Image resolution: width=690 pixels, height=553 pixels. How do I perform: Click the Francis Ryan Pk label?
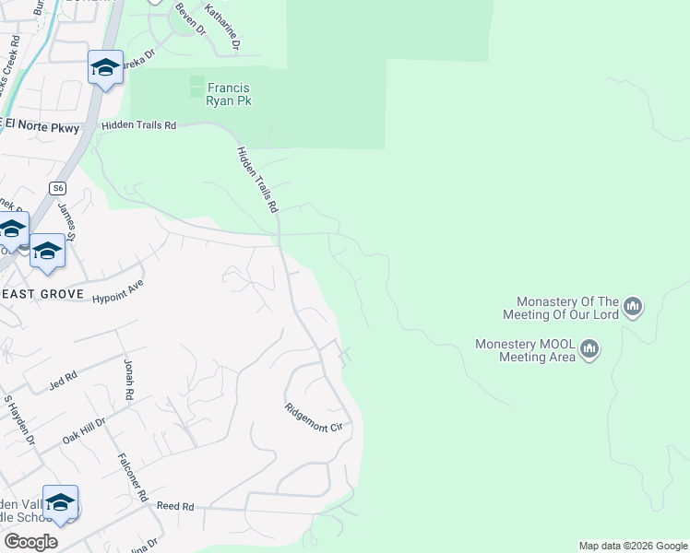pyautogui.click(x=228, y=95)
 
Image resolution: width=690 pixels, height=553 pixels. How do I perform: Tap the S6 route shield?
pyautogui.click(x=59, y=187)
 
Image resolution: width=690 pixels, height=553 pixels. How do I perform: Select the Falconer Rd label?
pyautogui.click(x=133, y=476)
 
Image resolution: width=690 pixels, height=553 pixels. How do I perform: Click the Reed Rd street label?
pyautogui.click(x=175, y=507)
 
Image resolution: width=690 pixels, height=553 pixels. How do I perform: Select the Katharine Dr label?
pyautogui.click(x=222, y=27)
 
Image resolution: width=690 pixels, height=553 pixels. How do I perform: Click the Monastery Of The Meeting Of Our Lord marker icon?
pyautogui.click(x=633, y=307)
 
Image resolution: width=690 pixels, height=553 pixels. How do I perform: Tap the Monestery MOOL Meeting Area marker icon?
pyautogui.click(x=589, y=349)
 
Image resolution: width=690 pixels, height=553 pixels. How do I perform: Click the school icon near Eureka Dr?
pyautogui.click(x=105, y=67)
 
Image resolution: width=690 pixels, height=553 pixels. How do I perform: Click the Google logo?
pyautogui.click(x=30, y=541)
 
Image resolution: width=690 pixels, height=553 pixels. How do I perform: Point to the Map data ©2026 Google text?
pyautogui.click(x=633, y=546)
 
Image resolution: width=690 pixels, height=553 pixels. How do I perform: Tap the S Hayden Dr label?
pyautogui.click(x=19, y=419)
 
